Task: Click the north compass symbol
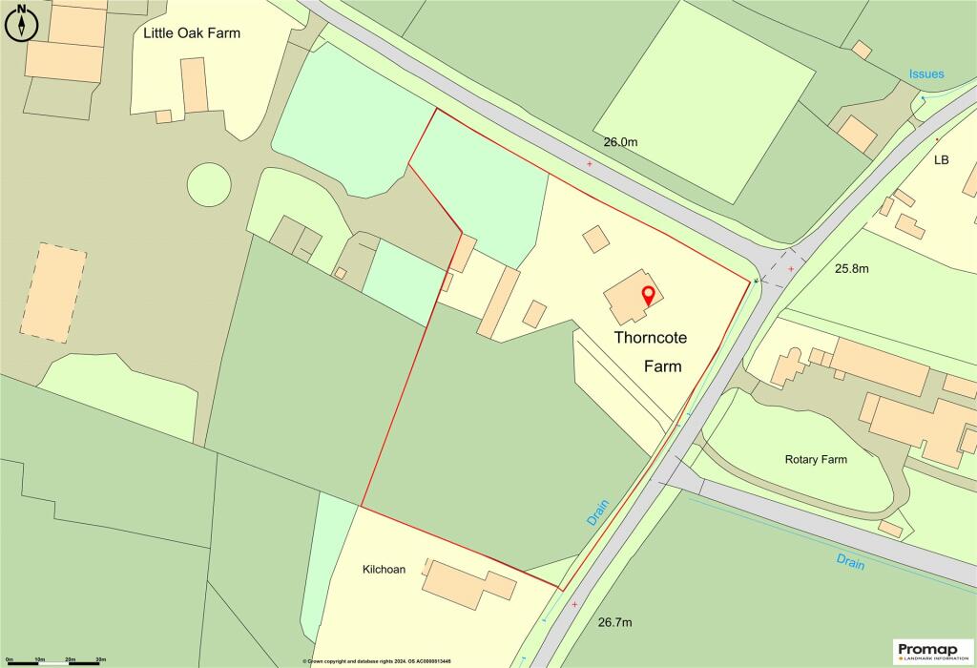coord(21,22)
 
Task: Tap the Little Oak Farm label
coord(192,33)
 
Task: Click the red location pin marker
coord(648,295)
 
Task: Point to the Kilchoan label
coord(384,570)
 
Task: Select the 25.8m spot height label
coord(852,268)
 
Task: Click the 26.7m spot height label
coord(615,622)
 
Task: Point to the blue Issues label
coord(925,74)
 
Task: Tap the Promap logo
coord(933,651)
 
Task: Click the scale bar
coord(55,660)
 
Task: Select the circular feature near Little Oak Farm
coord(209,183)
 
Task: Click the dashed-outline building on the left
coord(53,293)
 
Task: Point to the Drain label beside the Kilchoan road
coord(597,511)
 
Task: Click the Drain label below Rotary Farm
coord(849,560)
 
